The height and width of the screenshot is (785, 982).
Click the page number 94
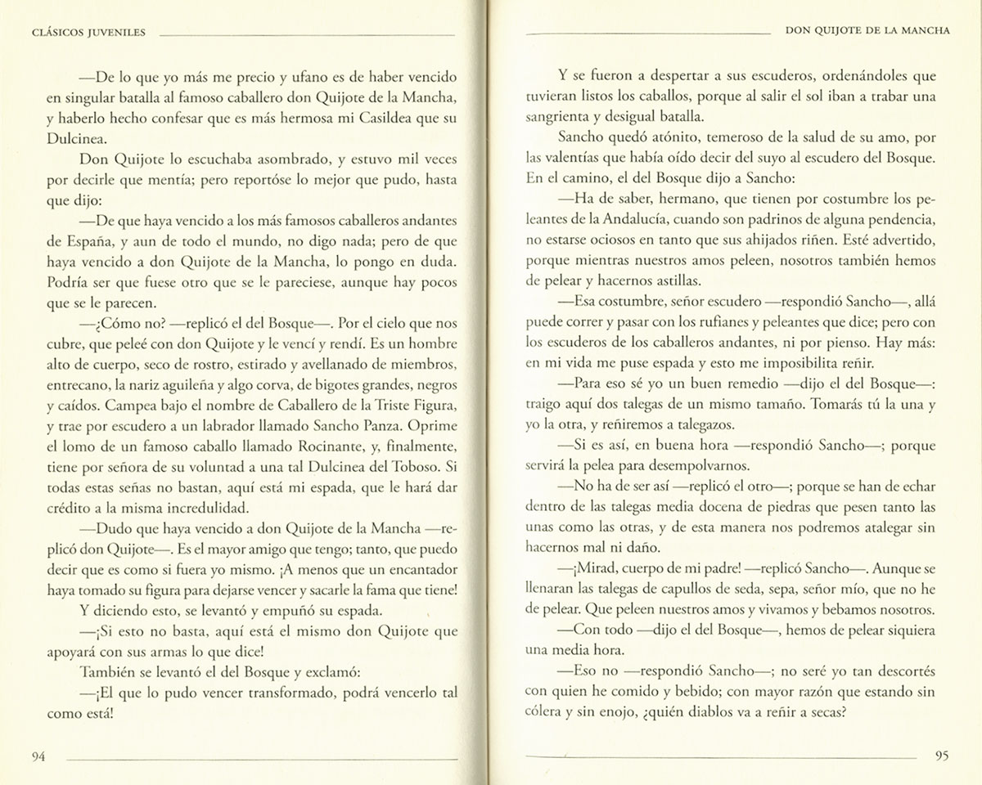[38, 756]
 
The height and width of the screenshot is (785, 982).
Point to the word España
[56, 242]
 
